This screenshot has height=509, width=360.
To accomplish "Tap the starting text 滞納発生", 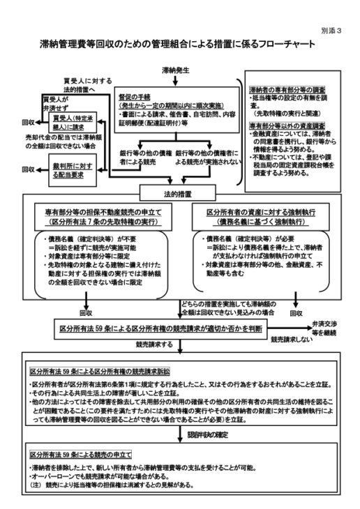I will pyautogui.click(x=174, y=70).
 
